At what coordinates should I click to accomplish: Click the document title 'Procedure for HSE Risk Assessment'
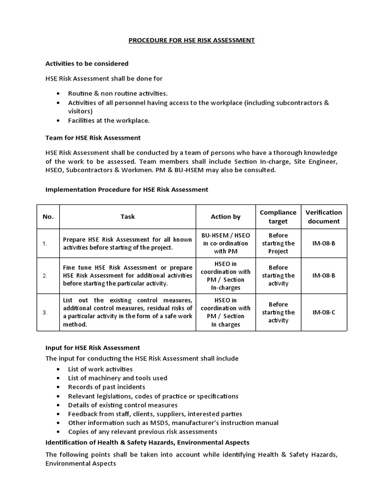191,40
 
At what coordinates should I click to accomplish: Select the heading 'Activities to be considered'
87,63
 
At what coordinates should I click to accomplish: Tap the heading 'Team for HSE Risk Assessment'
93,138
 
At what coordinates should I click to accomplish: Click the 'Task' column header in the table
127,216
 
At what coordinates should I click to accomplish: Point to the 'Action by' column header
225,216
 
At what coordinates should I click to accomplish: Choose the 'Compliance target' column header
278,216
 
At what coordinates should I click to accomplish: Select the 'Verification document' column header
324,216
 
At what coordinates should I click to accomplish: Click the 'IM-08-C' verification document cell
324,312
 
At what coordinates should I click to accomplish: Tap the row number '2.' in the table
45,276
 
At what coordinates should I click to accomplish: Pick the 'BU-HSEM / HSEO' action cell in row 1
225,235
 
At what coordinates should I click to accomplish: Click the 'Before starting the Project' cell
278,243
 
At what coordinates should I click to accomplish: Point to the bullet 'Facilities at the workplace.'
109,120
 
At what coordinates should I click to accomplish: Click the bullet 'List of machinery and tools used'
117,378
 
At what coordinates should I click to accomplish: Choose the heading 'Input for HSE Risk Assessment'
93,348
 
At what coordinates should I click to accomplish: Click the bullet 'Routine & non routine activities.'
117,93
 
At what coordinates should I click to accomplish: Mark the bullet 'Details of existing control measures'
122,405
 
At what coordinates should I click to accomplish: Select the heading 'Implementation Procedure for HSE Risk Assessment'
126,189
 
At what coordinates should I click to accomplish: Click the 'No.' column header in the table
48,216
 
